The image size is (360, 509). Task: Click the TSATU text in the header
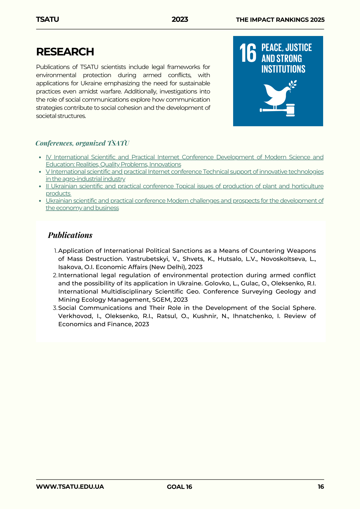tap(47, 19)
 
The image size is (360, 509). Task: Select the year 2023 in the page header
tap(180, 19)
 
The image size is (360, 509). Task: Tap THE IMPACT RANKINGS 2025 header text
tap(280, 20)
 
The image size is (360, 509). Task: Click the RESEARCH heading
tap(65, 52)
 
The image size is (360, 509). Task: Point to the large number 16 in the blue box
tap(248, 53)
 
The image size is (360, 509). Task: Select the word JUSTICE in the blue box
tap(299, 48)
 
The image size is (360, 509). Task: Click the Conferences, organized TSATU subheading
tap(82, 143)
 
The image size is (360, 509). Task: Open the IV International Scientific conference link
tap(184, 157)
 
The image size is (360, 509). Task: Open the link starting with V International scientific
tap(184, 172)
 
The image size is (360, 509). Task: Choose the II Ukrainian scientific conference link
tap(184, 186)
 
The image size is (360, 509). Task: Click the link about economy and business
tap(184, 201)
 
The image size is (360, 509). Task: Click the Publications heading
tap(70, 235)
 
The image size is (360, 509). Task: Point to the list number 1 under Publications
tap(55, 251)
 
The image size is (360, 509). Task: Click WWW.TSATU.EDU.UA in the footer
tap(70, 487)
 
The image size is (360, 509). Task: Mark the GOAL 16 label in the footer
tap(179, 487)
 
